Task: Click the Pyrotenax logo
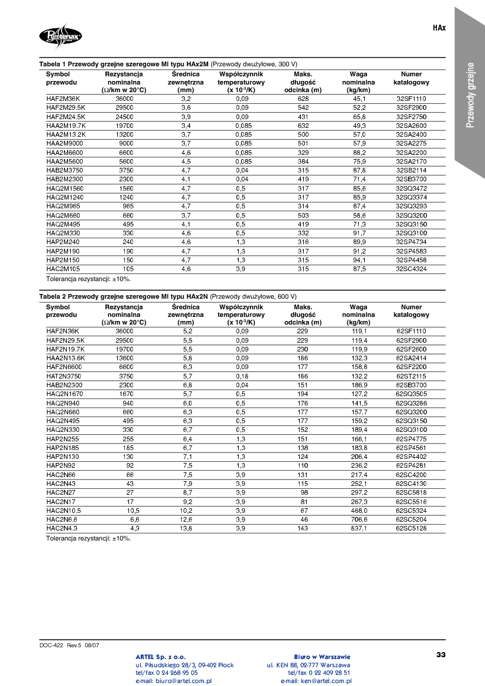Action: (61, 36)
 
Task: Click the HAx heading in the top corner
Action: (439, 28)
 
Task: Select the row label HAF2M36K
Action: (63, 99)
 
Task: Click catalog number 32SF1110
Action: (411, 99)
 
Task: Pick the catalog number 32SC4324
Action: (411, 269)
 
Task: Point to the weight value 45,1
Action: (359, 99)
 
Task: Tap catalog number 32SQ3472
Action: (411, 188)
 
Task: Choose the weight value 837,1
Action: (359, 528)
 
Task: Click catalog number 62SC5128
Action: (411, 528)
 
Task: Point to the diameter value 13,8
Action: (186, 528)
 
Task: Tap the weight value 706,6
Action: (359, 519)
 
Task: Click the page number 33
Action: (441, 654)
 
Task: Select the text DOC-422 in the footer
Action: (52, 645)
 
